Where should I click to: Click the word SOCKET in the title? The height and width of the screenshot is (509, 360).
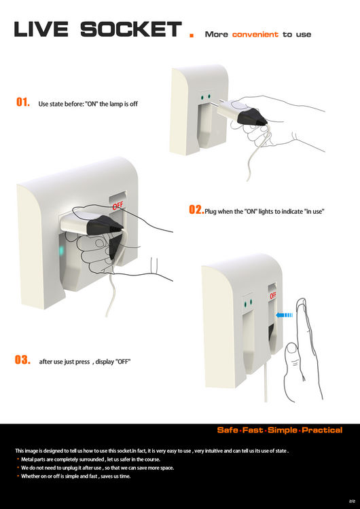(x=131, y=30)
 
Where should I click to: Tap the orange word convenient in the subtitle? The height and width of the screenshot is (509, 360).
(x=255, y=34)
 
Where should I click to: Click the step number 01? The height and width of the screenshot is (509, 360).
(x=23, y=102)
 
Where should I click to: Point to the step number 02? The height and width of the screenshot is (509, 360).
(x=196, y=210)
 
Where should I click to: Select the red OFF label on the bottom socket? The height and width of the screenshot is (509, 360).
(x=273, y=296)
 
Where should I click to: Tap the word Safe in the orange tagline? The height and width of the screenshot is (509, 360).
(x=228, y=430)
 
